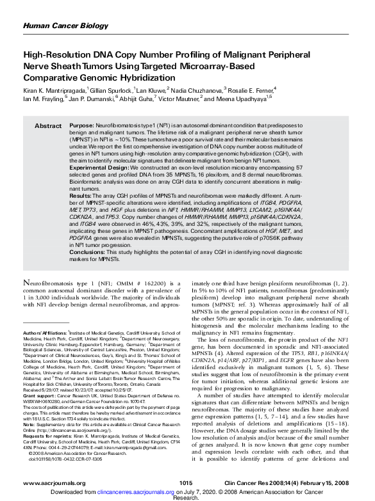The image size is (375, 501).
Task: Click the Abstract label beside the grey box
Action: (x=47, y=126)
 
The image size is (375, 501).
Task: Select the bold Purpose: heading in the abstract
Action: (x=81, y=126)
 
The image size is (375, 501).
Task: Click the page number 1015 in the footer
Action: (x=186, y=482)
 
